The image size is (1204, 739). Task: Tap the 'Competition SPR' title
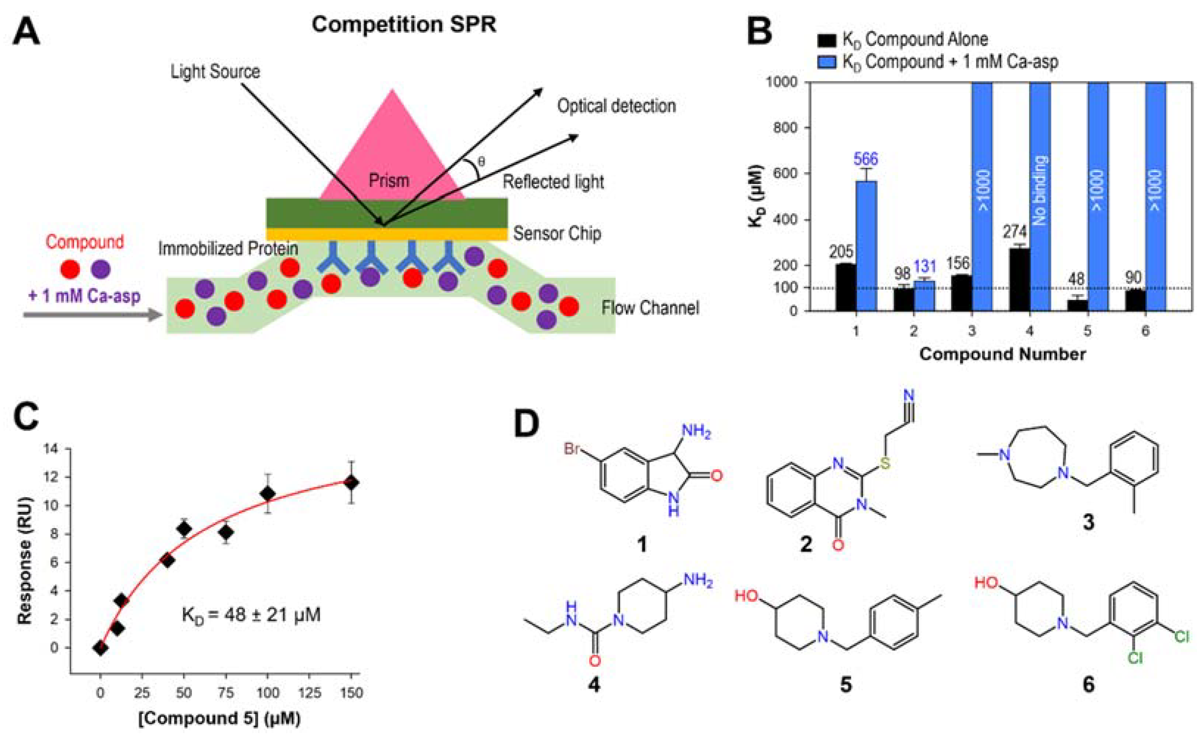point(404,24)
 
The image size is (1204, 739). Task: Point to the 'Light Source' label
point(215,72)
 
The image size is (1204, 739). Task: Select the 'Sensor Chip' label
point(557,234)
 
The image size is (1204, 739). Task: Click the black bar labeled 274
point(1020,279)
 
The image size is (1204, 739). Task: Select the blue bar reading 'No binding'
point(1040,195)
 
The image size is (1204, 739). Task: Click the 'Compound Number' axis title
point(1003,354)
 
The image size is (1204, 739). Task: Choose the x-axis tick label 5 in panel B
point(1087,331)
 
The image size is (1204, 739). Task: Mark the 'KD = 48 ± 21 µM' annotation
point(251,614)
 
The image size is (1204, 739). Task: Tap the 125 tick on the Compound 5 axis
point(310,693)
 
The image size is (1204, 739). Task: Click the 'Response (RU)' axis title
point(24,561)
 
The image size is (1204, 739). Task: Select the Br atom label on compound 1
point(573,449)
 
